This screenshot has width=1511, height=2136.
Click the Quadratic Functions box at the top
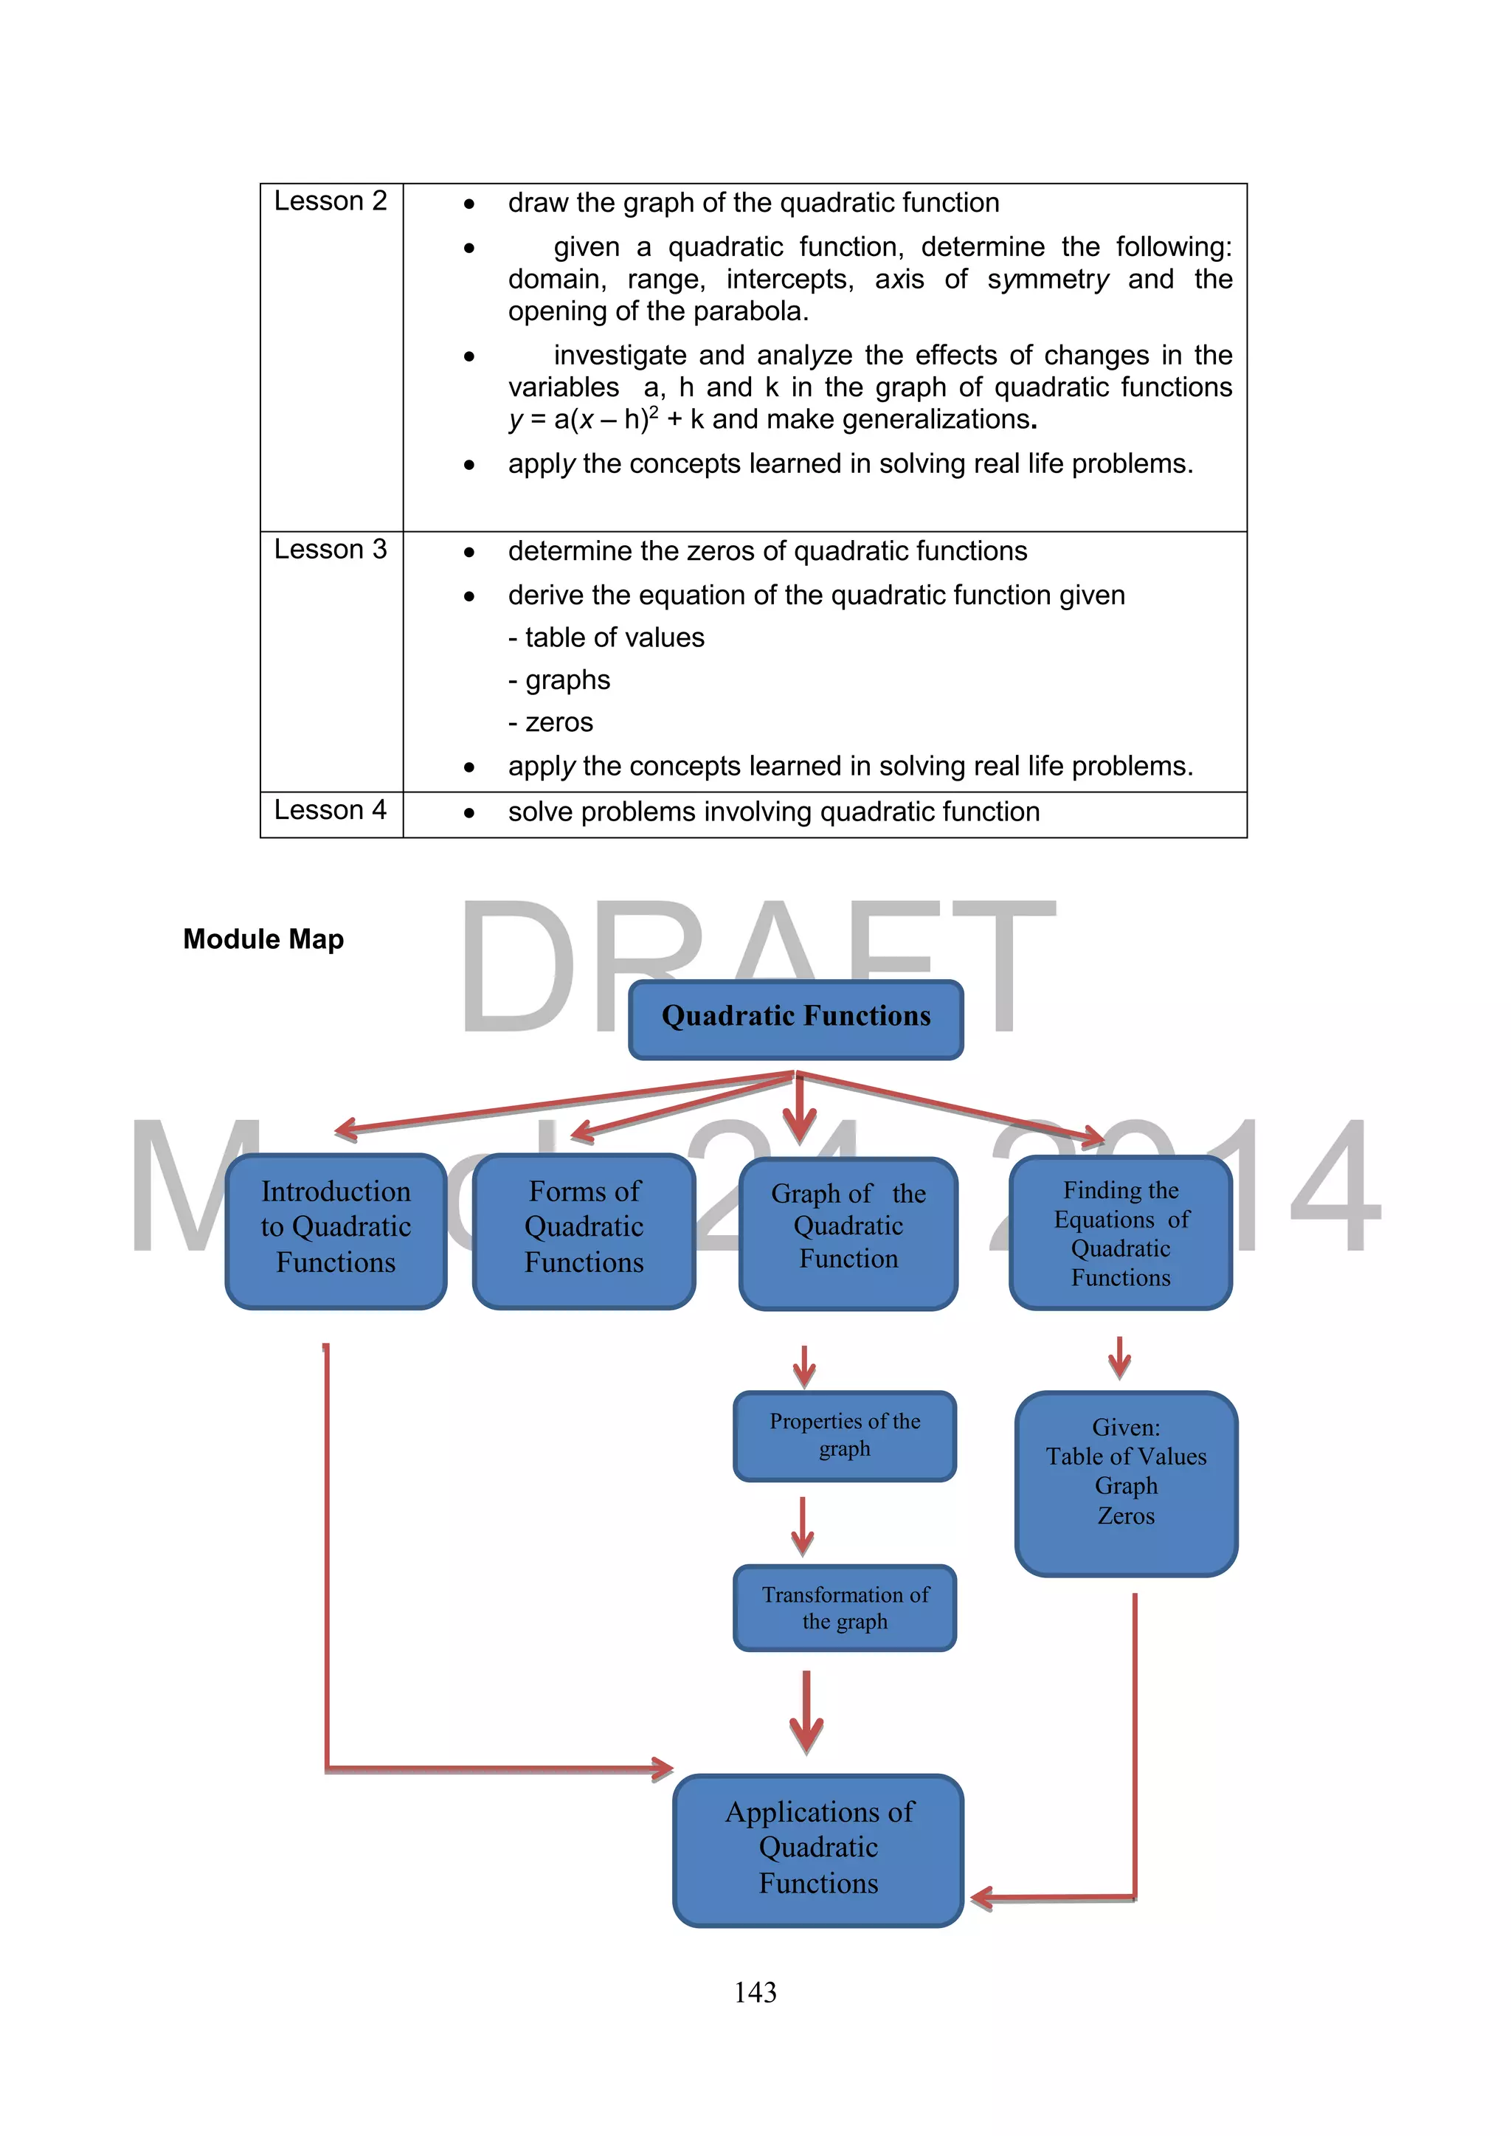point(795,1019)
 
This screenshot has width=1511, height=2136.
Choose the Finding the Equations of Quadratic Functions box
point(1121,1233)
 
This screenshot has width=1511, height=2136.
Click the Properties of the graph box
point(845,1436)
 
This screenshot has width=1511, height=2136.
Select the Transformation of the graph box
point(845,1608)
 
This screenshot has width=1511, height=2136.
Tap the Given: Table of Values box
point(1126,1483)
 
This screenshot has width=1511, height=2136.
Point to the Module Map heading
point(263,939)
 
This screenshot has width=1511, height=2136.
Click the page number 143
point(755,1992)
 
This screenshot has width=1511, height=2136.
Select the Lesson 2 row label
point(331,201)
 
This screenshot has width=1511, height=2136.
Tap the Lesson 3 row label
point(331,550)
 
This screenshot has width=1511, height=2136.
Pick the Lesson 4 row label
point(331,810)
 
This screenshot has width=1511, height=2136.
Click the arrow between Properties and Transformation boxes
point(803,1526)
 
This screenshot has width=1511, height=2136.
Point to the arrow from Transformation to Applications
point(806,1712)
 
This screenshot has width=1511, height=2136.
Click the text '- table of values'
point(606,638)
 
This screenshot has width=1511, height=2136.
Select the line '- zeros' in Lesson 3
point(551,723)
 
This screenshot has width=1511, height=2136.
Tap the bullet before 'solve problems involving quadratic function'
point(470,813)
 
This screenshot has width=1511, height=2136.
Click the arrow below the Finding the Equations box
point(1119,1358)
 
